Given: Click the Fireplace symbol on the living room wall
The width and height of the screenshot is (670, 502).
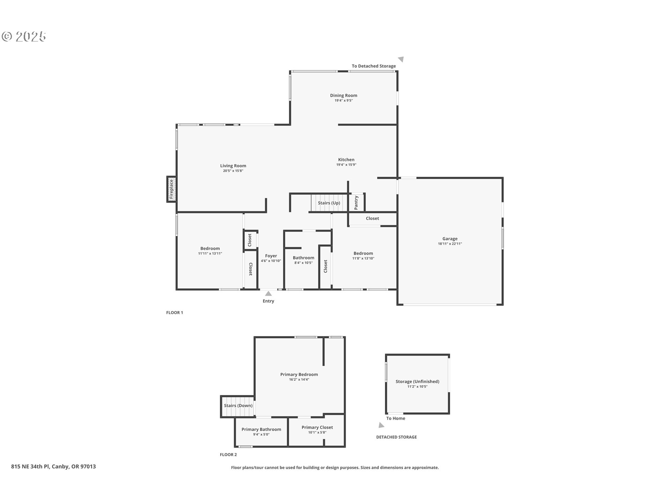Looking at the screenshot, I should pyautogui.click(x=171, y=189).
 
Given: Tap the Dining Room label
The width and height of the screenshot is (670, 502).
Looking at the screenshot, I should pyautogui.click(x=343, y=96).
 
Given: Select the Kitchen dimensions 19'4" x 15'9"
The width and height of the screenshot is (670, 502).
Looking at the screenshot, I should pyautogui.click(x=346, y=165).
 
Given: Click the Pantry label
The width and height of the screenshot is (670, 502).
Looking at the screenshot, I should pyautogui.click(x=356, y=203).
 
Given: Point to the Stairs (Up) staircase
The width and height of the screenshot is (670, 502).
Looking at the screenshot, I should pyautogui.click(x=329, y=203).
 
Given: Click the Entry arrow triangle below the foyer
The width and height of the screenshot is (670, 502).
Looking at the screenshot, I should pyautogui.click(x=268, y=294).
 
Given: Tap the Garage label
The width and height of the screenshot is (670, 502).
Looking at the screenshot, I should pyautogui.click(x=450, y=239).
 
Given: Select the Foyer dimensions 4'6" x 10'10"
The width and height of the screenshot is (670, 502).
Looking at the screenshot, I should pyautogui.click(x=271, y=261).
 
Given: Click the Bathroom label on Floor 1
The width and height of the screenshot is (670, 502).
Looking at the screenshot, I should pyautogui.click(x=303, y=258).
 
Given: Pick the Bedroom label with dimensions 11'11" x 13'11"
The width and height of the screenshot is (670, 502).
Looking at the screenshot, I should pyautogui.click(x=210, y=249).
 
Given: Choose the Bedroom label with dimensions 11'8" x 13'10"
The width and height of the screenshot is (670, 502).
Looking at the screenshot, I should pyautogui.click(x=363, y=253).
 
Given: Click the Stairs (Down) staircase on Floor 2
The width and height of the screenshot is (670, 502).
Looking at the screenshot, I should pyautogui.click(x=238, y=406).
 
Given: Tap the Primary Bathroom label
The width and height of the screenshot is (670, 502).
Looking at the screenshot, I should pyautogui.click(x=261, y=429).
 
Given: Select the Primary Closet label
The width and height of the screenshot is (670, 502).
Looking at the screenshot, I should pyautogui.click(x=317, y=427).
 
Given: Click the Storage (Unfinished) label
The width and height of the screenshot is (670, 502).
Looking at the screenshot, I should pyautogui.click(x=417, y=381).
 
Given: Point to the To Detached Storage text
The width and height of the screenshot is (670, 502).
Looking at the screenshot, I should pyautogui.click(x=374, y=66).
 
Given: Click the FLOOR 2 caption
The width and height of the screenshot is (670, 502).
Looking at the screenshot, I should pyautogui.click(x=228, y=455).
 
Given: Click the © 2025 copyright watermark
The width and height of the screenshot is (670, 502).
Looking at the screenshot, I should pyautogui.click(x=24, y=37).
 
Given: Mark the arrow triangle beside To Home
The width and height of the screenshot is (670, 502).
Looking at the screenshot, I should pyautogui.click(x=381, y=425).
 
